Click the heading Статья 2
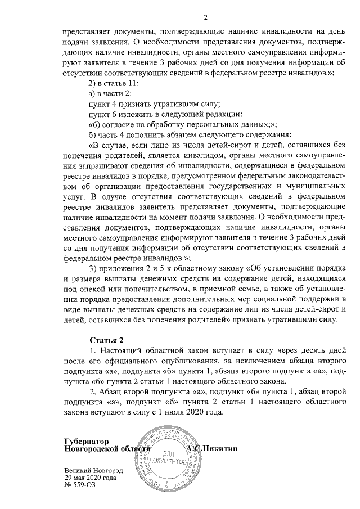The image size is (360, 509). click(x=106, y=340)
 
